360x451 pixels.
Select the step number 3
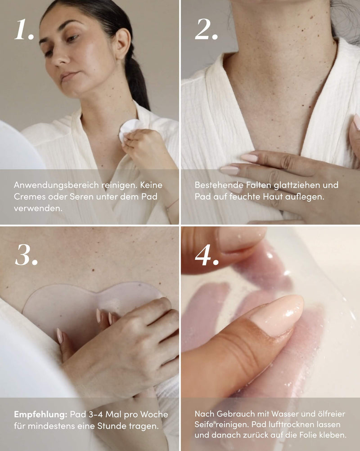(x=26, y=255)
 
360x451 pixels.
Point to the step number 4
(x=207, y=255)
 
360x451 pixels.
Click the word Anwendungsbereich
(x=56, y=185)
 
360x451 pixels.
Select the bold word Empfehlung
(x=40, y=415)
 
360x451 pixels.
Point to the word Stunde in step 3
(x=111, y=426)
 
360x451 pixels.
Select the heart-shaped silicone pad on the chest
(x=89, y=305)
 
